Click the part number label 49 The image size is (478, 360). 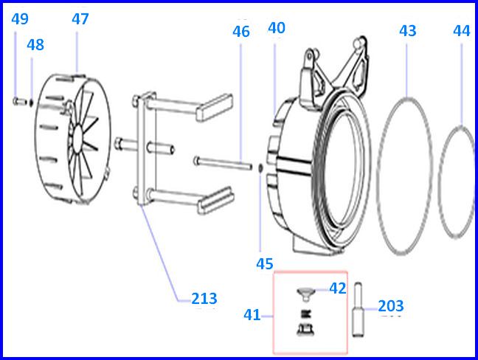20,19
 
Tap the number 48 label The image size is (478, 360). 35,45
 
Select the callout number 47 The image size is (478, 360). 80,19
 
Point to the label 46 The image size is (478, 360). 241,32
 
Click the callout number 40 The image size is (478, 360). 277,28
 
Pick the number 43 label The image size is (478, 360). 408,31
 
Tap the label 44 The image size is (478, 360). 462,31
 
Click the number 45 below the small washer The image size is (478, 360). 265,264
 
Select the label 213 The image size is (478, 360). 204,299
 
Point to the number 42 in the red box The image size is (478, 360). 337,288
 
